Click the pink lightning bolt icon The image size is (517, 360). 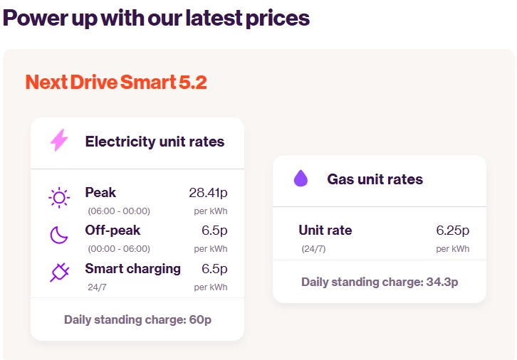(59, 140)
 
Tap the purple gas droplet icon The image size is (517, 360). (301, 179)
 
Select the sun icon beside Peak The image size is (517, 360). (59, 198)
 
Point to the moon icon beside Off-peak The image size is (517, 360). (58, 235)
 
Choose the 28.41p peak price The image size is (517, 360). (208, 193)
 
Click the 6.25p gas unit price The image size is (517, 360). (452, 231)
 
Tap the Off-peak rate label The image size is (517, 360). (113, 231)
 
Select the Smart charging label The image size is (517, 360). (132, 268)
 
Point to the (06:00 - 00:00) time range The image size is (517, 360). (119, 211)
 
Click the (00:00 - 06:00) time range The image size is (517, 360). (119, 249)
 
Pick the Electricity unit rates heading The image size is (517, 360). (155, 142)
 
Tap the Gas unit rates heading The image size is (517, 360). (375, 179)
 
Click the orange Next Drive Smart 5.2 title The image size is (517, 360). (116, 83)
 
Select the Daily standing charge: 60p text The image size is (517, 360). (137, 319)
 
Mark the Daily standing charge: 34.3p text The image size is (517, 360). (380, 282)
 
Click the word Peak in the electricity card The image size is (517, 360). (100, 193)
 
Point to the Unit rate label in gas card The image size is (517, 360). (325, 231)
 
